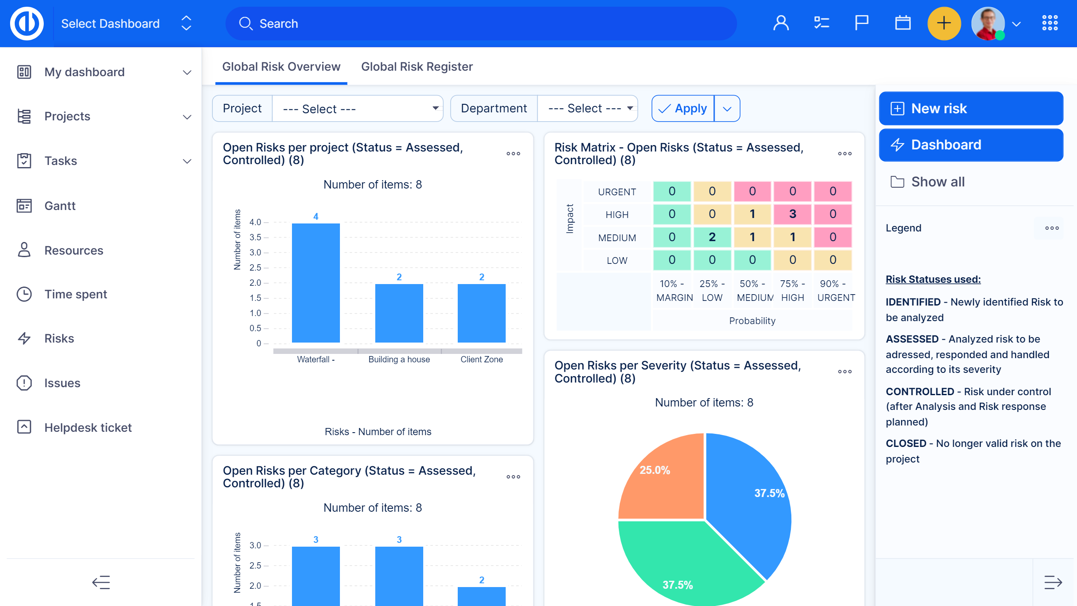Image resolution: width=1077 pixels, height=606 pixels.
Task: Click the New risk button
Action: [971, 109]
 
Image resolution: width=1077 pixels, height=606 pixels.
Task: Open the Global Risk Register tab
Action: [416, 66]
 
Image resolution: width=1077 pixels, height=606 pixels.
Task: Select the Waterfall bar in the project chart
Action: [316, 283]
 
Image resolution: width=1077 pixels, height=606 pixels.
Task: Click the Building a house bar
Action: [399, 313]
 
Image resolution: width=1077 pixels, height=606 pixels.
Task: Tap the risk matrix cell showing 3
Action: [792, 214]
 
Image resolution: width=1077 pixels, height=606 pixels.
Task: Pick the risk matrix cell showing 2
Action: [712, 237]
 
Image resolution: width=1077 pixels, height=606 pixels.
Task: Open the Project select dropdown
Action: [358, 109]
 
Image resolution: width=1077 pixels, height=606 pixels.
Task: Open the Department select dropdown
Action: [587, 109]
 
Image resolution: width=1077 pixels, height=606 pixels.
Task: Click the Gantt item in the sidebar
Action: [60, 206]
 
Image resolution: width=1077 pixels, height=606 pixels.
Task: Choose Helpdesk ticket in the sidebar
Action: [88, 428]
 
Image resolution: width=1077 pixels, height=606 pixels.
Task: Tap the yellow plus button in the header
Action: [944, 24]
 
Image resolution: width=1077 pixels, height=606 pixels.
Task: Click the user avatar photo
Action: [987, 24]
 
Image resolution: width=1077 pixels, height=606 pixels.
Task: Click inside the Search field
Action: [480, 24]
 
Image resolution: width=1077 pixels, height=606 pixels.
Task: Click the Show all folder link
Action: [937, 182]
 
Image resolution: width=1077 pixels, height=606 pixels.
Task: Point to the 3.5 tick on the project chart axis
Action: [255, 237]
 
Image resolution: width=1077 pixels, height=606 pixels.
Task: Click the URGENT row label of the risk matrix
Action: [617, 192]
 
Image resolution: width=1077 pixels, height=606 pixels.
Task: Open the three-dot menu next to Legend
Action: [1051, 228]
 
